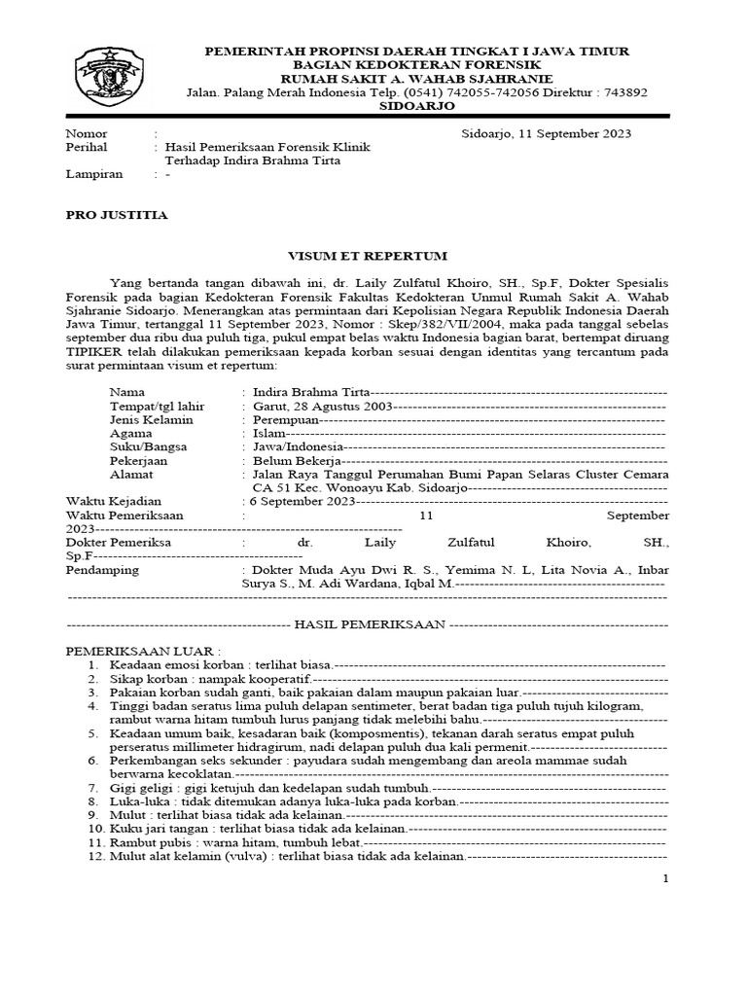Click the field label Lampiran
pyautogui.click(x=93, y=175)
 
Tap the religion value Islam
pyautogui.click(x=266, y=433)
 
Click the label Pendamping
pyautogui.click(x=102, y=570)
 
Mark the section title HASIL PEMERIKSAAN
pyautogui.click(x=370, y=622)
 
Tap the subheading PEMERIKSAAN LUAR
pyautogui.click(x=142, y=649)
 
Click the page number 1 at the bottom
pyautogui.click(x=665, y=879)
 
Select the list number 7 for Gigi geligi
pyautogui.click(x=93, y=786)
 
